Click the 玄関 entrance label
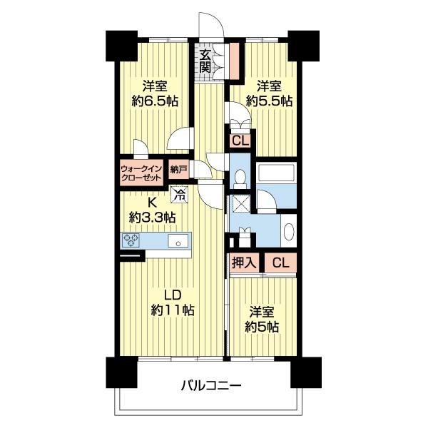(x=205, y=61)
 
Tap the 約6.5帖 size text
(x=155, y=101)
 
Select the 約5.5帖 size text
(x=269, y=101)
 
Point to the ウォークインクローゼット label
(x=141, y=173)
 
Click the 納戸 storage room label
(x=178, y=170)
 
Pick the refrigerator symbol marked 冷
(x=180, y=195)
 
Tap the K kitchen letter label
(x=152, y=203)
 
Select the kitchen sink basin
(x=178, y=241)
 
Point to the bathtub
(x=275, y=172)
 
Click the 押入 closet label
(x=244, y=263)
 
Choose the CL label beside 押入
(x=280, y=263)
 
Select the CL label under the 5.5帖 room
(x=240, y=141)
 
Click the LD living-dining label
(x=173, y=295)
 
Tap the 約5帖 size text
(x=262, y=327)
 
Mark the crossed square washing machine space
(x=240, y=203)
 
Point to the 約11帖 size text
(x=173, y=310)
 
